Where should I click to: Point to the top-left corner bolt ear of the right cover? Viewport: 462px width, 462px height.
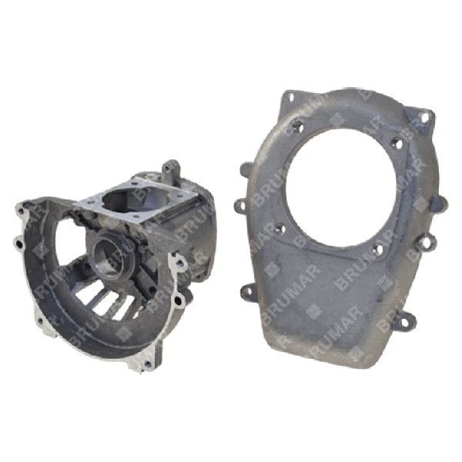point(286,98)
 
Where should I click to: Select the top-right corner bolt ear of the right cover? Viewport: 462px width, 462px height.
point(424,117)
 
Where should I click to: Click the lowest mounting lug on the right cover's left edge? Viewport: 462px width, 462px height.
point(249,290)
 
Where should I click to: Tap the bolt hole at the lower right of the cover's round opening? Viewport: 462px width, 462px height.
point(377,248)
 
